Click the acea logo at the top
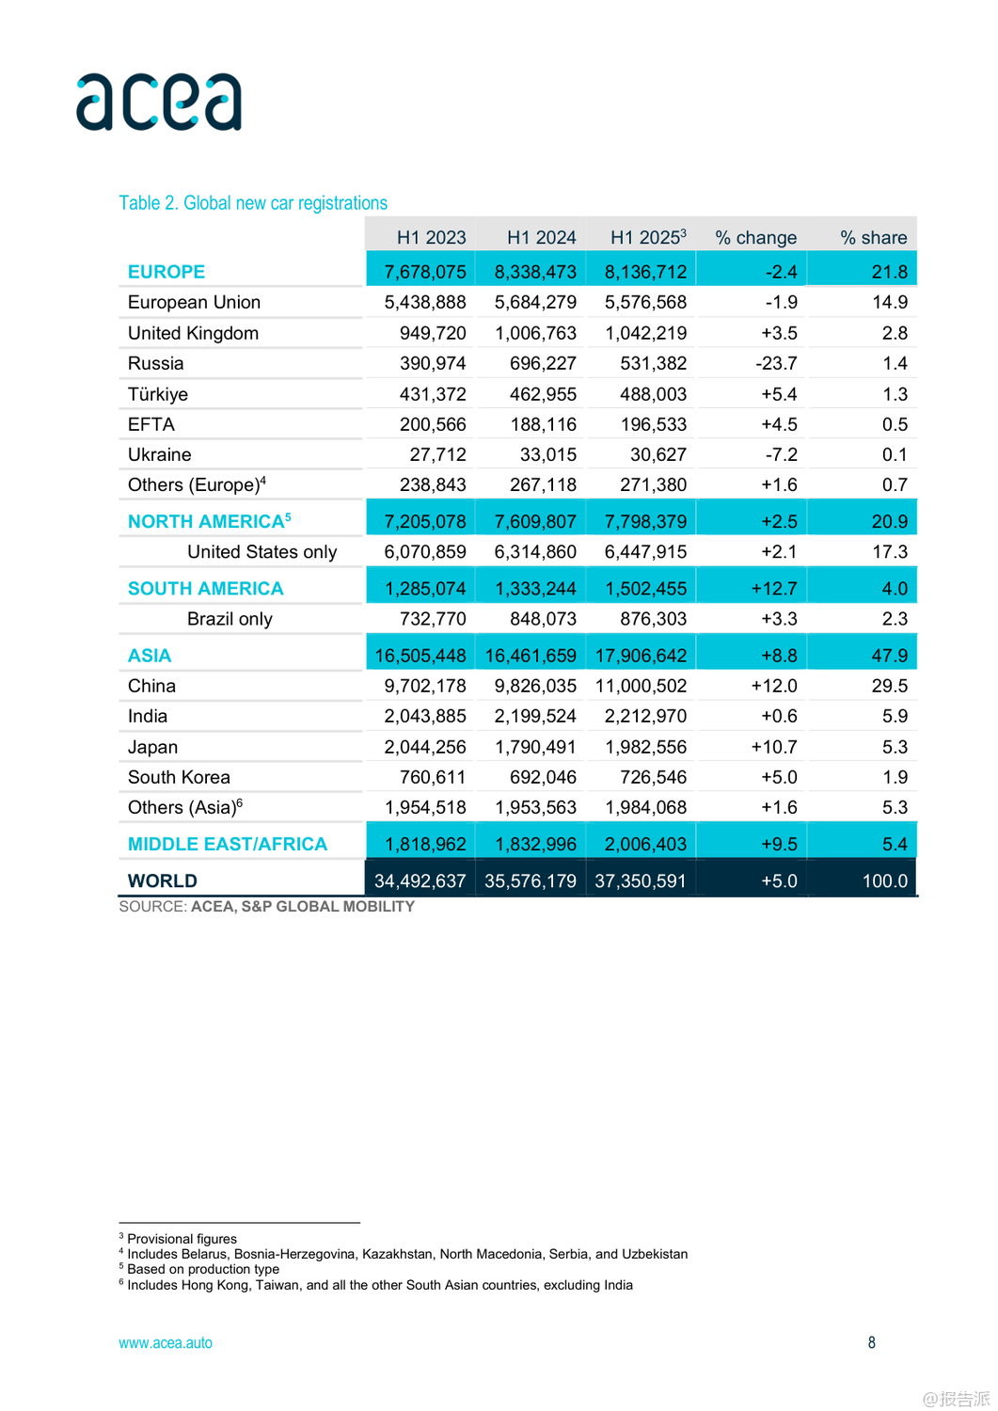pos(159,102)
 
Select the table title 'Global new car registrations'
pos(253,203)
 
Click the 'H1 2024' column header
pos(541,238)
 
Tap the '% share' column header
pos(873,238)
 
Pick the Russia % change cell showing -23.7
pos(776,364)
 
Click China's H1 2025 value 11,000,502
pos(641,687)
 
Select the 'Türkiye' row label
pos(158,394)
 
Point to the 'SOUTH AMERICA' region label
pos(205,589)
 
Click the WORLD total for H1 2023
pos(420,881)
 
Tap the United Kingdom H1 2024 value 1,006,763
pos(535,333)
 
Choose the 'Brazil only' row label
pos(230,619)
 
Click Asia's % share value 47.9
pos(889,656)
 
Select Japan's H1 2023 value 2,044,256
pos(425,747)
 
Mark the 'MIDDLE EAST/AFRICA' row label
pos(228,845)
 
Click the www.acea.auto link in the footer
pos(166,1343)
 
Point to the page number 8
pos(871,1343)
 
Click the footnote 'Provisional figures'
pos(182,1239)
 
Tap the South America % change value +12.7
pos(773,589)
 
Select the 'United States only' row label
pos(261,552)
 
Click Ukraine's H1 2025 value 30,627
pos(657,455)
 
